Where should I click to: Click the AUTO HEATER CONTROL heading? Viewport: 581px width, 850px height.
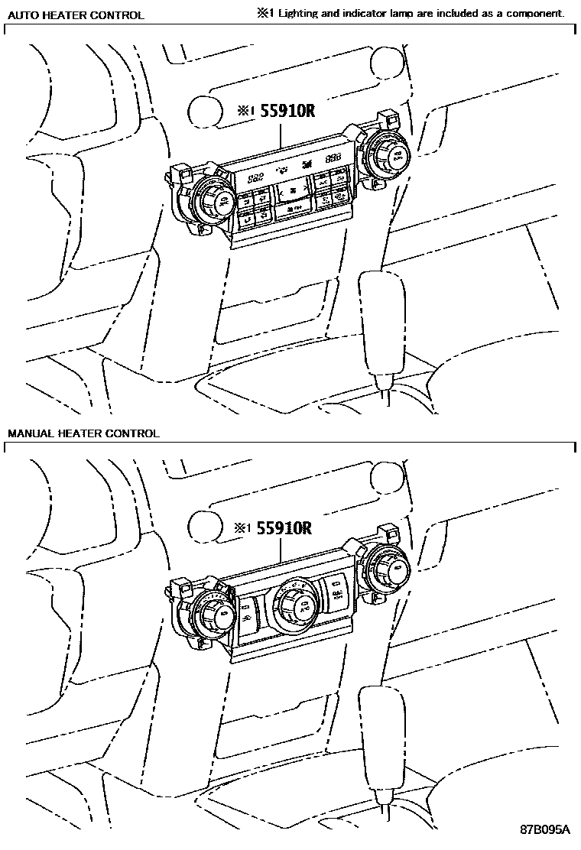coord(76,15)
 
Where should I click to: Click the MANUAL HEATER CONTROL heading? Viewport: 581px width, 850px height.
coord(83,433)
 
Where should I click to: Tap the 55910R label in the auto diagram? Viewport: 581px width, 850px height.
coord(288,110)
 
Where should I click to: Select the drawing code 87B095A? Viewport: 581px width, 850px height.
coord(545,829)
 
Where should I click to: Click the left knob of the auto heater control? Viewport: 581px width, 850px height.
coord(215,200)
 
